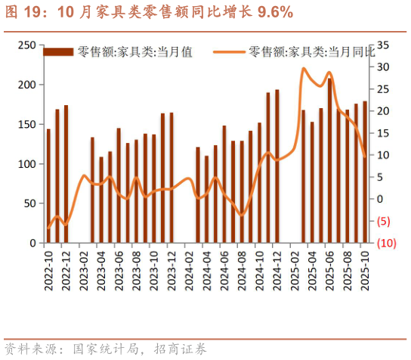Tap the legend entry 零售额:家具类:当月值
134,51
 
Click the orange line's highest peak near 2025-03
303,69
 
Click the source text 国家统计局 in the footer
98,349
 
